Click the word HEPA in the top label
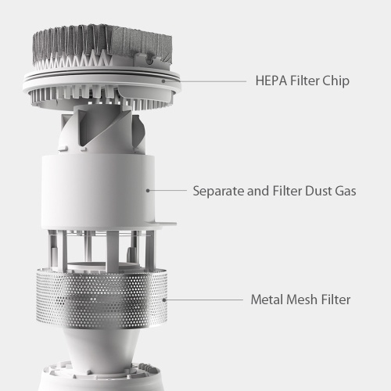pyautogui.click(x=271, y=81)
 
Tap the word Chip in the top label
pyautogui.click(x=336, y=81)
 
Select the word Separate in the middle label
pyautogui.click(x=218, y=192)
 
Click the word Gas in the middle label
pyautogui.click(x=346, y=191)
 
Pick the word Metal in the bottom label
pyautogui.click(x=267, y=300)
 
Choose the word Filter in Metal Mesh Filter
pyautogui.click(x=335, y=300)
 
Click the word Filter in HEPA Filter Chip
pyautogui.click(x=305, y=81)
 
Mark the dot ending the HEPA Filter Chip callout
pyautogui.click(x=163, y=81)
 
